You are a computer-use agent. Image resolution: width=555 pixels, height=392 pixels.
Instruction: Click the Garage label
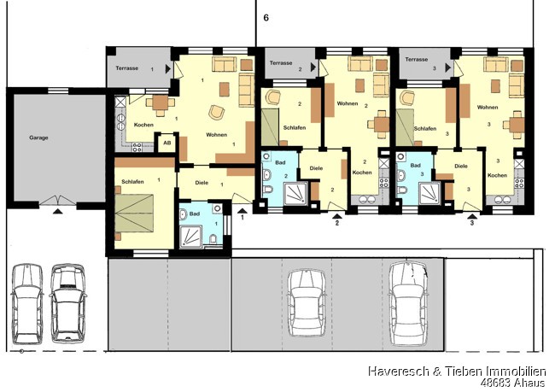click(x=38, y=137)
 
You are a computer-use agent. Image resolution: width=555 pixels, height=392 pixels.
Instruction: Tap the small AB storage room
click(x=167, y=143)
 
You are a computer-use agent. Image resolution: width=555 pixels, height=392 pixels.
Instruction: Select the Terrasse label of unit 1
click(x=126, y=68)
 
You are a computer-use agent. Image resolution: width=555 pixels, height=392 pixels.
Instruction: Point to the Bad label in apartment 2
click(x=280, y=162)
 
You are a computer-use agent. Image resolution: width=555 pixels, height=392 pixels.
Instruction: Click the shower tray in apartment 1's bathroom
click(x=191, y=237)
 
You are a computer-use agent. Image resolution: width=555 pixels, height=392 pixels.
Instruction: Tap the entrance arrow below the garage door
click(x=58, y=212)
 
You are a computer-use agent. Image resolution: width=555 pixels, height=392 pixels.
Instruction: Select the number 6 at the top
click(x=266, y=18)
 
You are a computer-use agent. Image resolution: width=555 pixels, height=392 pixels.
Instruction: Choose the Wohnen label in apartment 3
click(x=488, y=107)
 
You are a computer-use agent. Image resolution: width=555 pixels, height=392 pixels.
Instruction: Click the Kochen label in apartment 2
click(x=362, y=173)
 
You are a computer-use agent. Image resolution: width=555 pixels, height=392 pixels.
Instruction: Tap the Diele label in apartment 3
click(x=461, y=166)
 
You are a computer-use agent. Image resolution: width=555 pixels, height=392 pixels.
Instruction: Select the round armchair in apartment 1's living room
click(x=216, y=112)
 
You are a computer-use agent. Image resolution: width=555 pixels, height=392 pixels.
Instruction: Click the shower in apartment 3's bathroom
click(x=429, y=194)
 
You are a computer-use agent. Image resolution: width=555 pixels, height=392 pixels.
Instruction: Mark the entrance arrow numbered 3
click(x=472, y=216)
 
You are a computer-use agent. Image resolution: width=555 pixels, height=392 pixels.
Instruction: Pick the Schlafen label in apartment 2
click(x=295, y=127)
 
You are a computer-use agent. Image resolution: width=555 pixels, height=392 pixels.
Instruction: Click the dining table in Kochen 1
click(x=161, y=102)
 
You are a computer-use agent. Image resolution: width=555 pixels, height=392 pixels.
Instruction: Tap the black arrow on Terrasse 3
click(x=448, y=67)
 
